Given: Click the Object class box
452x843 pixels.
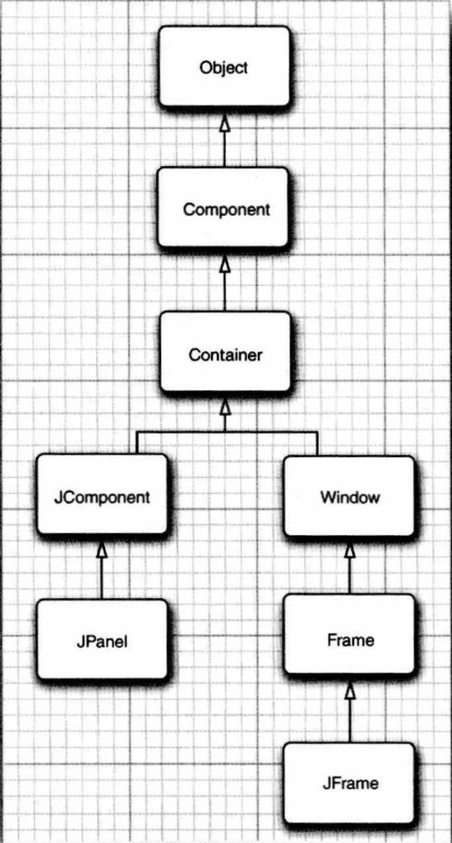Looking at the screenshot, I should (225, 66).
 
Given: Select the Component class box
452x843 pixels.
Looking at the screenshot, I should (225, 209).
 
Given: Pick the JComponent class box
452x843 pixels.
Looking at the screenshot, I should (102, 497).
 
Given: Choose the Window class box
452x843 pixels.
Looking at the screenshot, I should (349, 497).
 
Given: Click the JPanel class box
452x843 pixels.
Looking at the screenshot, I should (102, 641).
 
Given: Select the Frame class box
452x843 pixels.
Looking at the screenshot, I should (349, 640).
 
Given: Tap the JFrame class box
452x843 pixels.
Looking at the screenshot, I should (349, 783).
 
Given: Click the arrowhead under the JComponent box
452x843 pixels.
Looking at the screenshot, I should (103, 553).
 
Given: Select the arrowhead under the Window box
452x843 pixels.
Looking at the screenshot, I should (350, 552).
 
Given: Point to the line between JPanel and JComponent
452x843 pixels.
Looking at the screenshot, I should (103, 580).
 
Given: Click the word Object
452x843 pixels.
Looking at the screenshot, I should (225, 68).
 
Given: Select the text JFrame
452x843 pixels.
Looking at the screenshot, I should (350, 784).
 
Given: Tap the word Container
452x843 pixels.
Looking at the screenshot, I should (225, 355).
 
